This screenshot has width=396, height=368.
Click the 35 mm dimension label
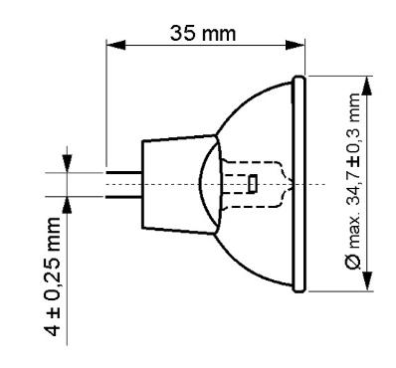click(x=203, y=33)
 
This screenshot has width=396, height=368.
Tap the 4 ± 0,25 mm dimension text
click(x=53, y=276)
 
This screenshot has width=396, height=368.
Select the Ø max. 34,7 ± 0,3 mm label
click(x=352, y=181)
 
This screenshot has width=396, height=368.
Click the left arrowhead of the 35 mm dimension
click(x=115, y=45)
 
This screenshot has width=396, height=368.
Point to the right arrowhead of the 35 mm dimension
click(x=295, y=45)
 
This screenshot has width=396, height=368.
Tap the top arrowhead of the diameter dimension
click(x=366, y=87)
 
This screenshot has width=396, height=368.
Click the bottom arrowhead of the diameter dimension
click(x=366, y=281)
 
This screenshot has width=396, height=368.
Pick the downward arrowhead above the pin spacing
click(x=68, y=163)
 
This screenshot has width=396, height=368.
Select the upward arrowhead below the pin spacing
click(x=68, y=206)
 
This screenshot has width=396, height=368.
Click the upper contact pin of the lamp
click(x=124, y=172)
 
